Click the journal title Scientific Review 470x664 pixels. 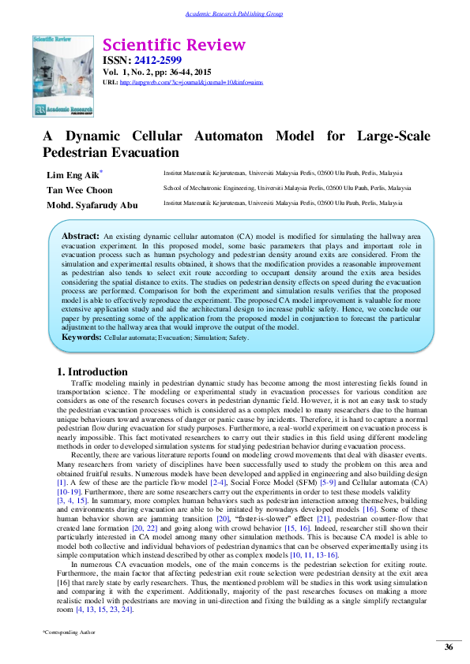tap(175, 45)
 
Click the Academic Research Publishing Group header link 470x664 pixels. tap(234, 14)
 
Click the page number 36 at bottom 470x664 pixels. tap(449, 647)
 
